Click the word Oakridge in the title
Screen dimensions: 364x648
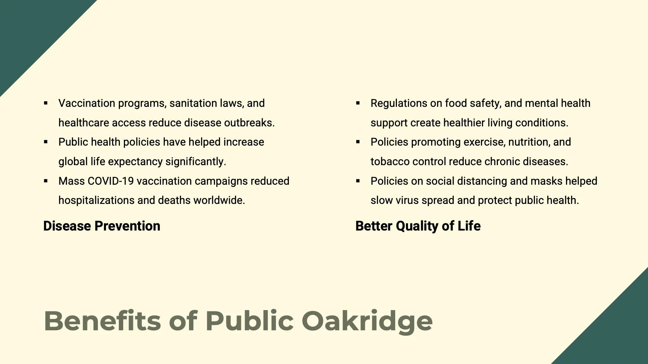coord(367,321)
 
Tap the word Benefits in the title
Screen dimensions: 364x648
coord(102,321)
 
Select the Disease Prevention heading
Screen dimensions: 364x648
coord(102,226)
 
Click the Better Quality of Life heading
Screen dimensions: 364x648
coord(418,226)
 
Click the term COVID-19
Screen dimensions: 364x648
coord(110,181)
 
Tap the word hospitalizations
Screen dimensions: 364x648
coord(97,200)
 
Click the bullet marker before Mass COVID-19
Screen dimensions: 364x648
coord(46,181)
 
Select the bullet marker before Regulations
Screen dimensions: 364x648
coord(358,103)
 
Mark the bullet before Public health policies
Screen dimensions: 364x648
coord(46,142)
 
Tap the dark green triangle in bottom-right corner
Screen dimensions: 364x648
coord(618,334)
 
